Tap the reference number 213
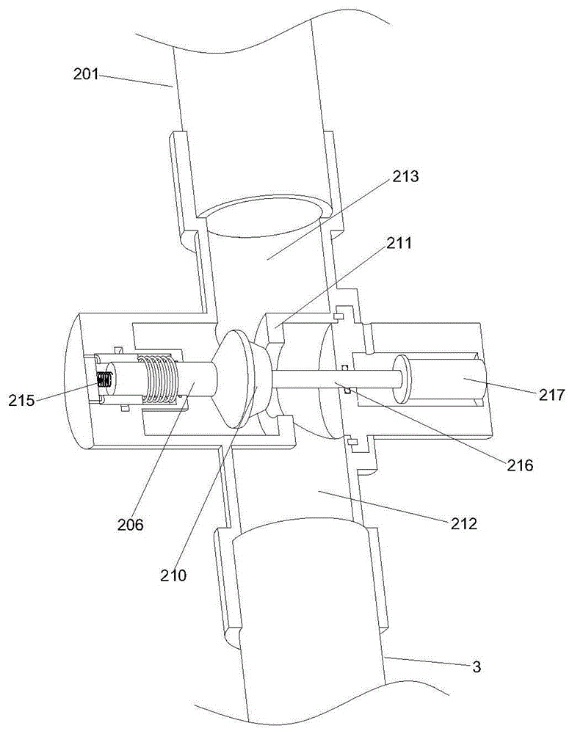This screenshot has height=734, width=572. (x=406, y=176)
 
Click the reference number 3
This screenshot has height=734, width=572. (x=477, y=666)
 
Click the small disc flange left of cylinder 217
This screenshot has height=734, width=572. (x=404, y=379)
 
